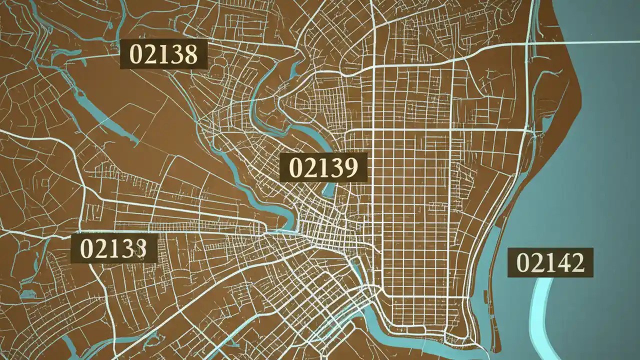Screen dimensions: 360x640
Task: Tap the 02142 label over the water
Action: click(x=550, y=262)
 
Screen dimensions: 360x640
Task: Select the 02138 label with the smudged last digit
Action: click(x=114, y=248)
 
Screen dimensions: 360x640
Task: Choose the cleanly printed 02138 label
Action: click(x=164, y=54)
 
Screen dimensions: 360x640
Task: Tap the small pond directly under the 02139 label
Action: click(x=328, y=189)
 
